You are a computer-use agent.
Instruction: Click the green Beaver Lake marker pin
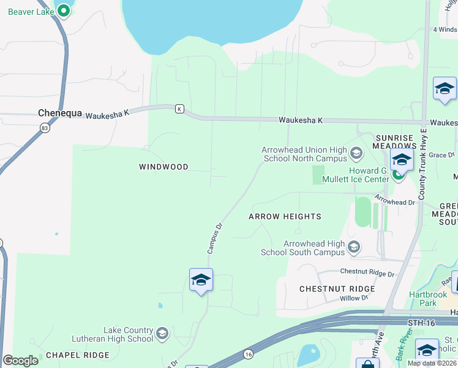(62, 10)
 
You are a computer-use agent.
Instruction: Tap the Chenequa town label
(59, 113)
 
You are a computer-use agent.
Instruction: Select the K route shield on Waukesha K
(179, 109)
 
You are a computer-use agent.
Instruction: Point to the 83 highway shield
(44, 128)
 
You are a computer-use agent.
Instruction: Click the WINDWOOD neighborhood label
(163, 167)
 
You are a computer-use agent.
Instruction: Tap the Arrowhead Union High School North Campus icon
(356, 151)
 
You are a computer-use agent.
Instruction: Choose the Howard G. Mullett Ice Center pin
(399, 175)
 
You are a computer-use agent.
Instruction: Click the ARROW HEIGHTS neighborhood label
(285, 217)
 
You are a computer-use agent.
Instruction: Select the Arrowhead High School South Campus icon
(353, 247)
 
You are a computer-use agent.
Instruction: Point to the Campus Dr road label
(214, 238)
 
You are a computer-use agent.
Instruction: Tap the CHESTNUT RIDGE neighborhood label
(337, 288)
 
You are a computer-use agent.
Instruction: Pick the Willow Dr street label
(354, 298)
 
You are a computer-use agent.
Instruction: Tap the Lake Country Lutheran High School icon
(162, 333)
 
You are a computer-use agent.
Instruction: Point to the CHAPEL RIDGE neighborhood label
(78, 355)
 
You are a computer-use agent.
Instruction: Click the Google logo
(20, 361)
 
